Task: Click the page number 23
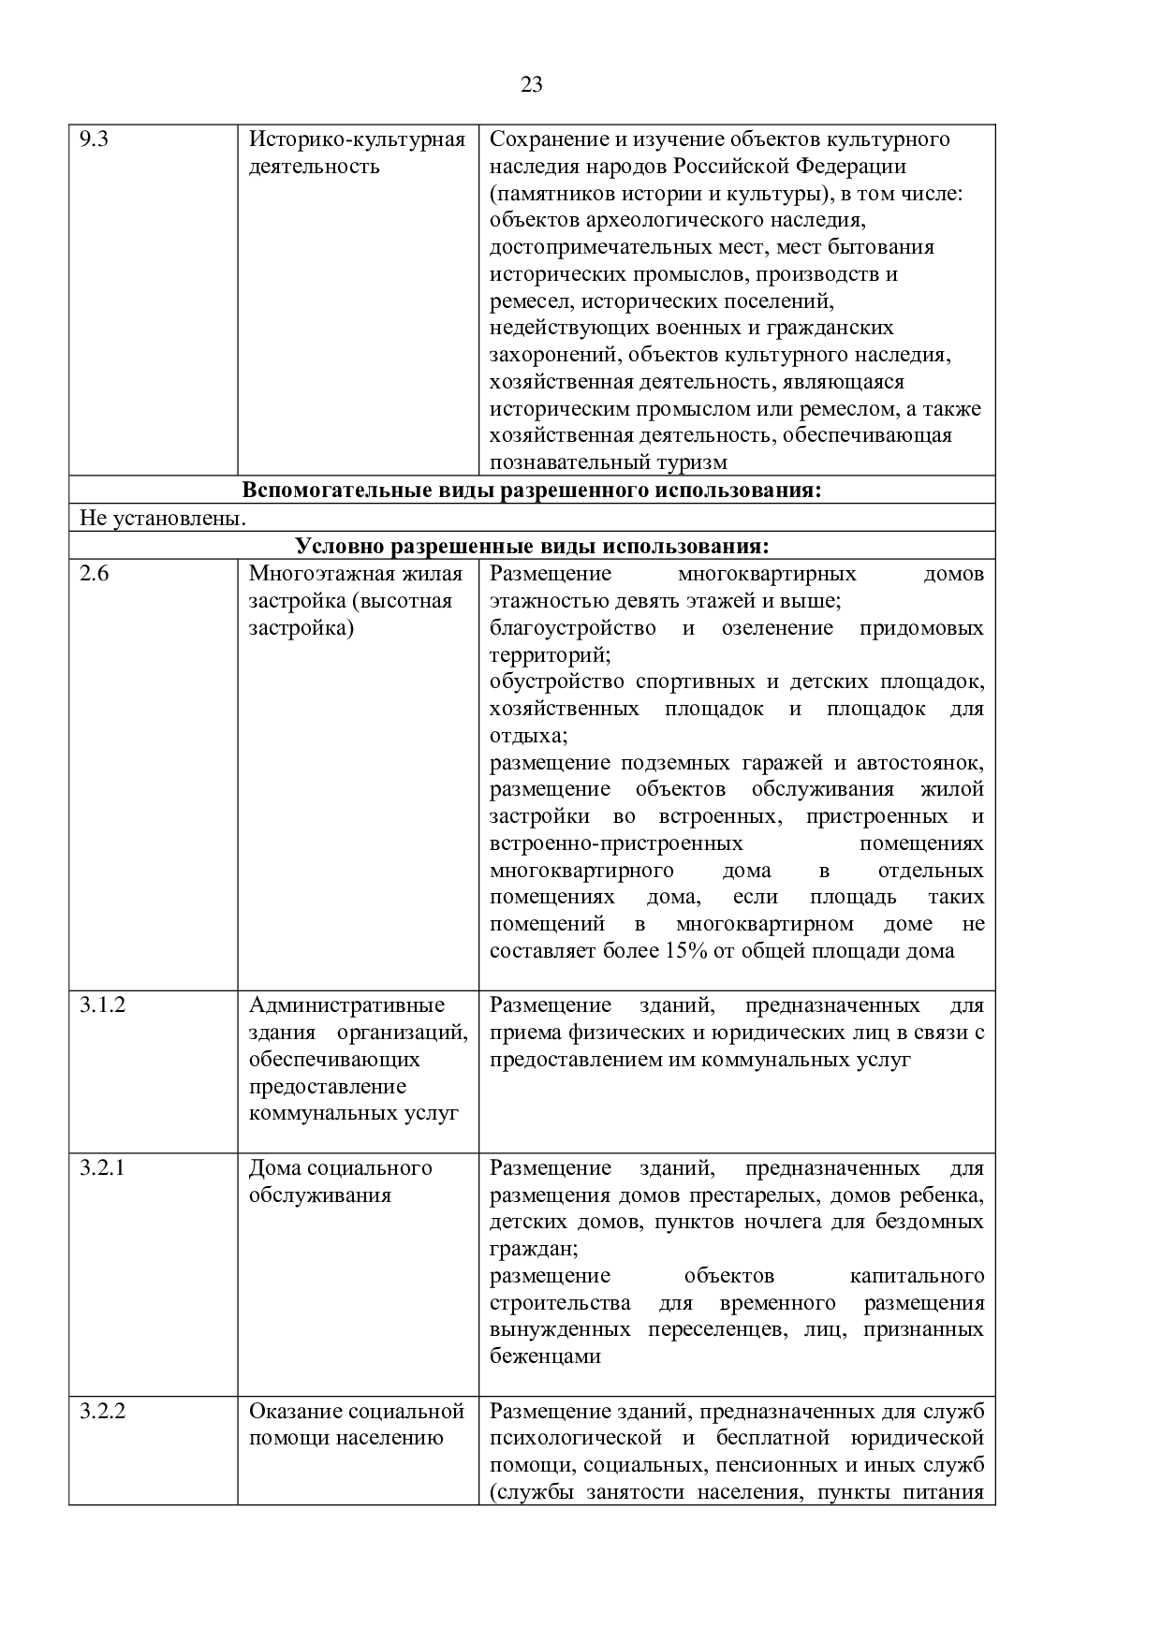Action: click(x=531, y=85)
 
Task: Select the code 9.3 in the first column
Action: click(x=94, y=140)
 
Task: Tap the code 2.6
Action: click(x=94, y=574)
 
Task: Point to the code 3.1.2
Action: click(x=102, y=1005)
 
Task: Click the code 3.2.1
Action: click(x=102, y=1168)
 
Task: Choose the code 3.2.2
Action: click(x=102, y=1412)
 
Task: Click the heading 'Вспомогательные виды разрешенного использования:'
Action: click(x=531, y=491)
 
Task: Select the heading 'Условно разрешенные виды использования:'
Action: click(x=532, y=546)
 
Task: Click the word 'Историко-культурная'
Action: click(x=357, y=140)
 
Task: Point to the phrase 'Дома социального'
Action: click(x=340, y=1168)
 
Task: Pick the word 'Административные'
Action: click(x=346, y=1005)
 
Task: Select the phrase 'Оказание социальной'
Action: click(x=357, y=1412)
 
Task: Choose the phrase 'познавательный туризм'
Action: click(x=608, y=462)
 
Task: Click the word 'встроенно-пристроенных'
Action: click(x=616, y=843)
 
